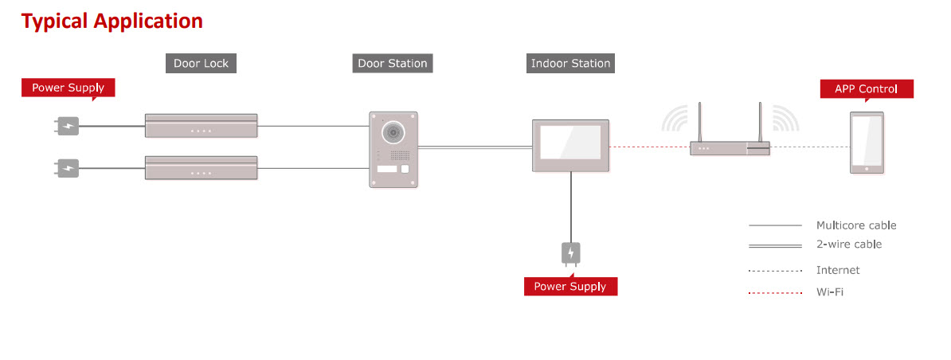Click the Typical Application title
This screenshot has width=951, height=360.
click(x=112, y=21)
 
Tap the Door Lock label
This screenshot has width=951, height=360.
click(x=201, y=64)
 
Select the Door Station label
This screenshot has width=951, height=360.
click(x=393, y=64)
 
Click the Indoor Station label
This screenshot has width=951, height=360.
click(x=570, y=64)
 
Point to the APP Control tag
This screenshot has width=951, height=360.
click(x=866, y=89)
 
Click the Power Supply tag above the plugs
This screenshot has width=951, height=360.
click(x=68, y=88)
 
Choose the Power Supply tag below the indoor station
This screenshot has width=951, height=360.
click(x=569, y=287)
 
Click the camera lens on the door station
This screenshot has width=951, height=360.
click(x=391, y=131)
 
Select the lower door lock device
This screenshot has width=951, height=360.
click(x=201, y=168)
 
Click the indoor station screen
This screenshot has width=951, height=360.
click(x=570, y=144)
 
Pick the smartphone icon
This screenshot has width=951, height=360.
click(x=866, y=143)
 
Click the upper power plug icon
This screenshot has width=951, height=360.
click(x=68, y=125)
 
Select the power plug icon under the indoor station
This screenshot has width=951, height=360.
click(x=570, y=254)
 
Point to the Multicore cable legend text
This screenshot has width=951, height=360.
click(x=856, y=225)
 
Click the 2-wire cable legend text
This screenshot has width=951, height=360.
click(x=849, y=245)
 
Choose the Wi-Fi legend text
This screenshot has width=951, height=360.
click(x=829, y=292)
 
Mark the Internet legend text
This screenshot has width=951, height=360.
click(x=838, y=271)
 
